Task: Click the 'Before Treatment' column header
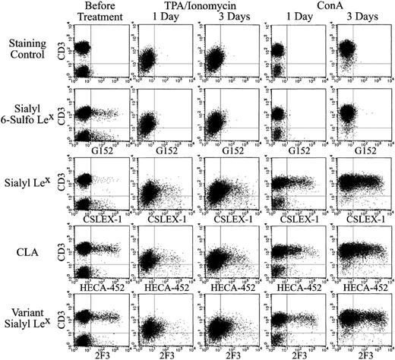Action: coord(93,12)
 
